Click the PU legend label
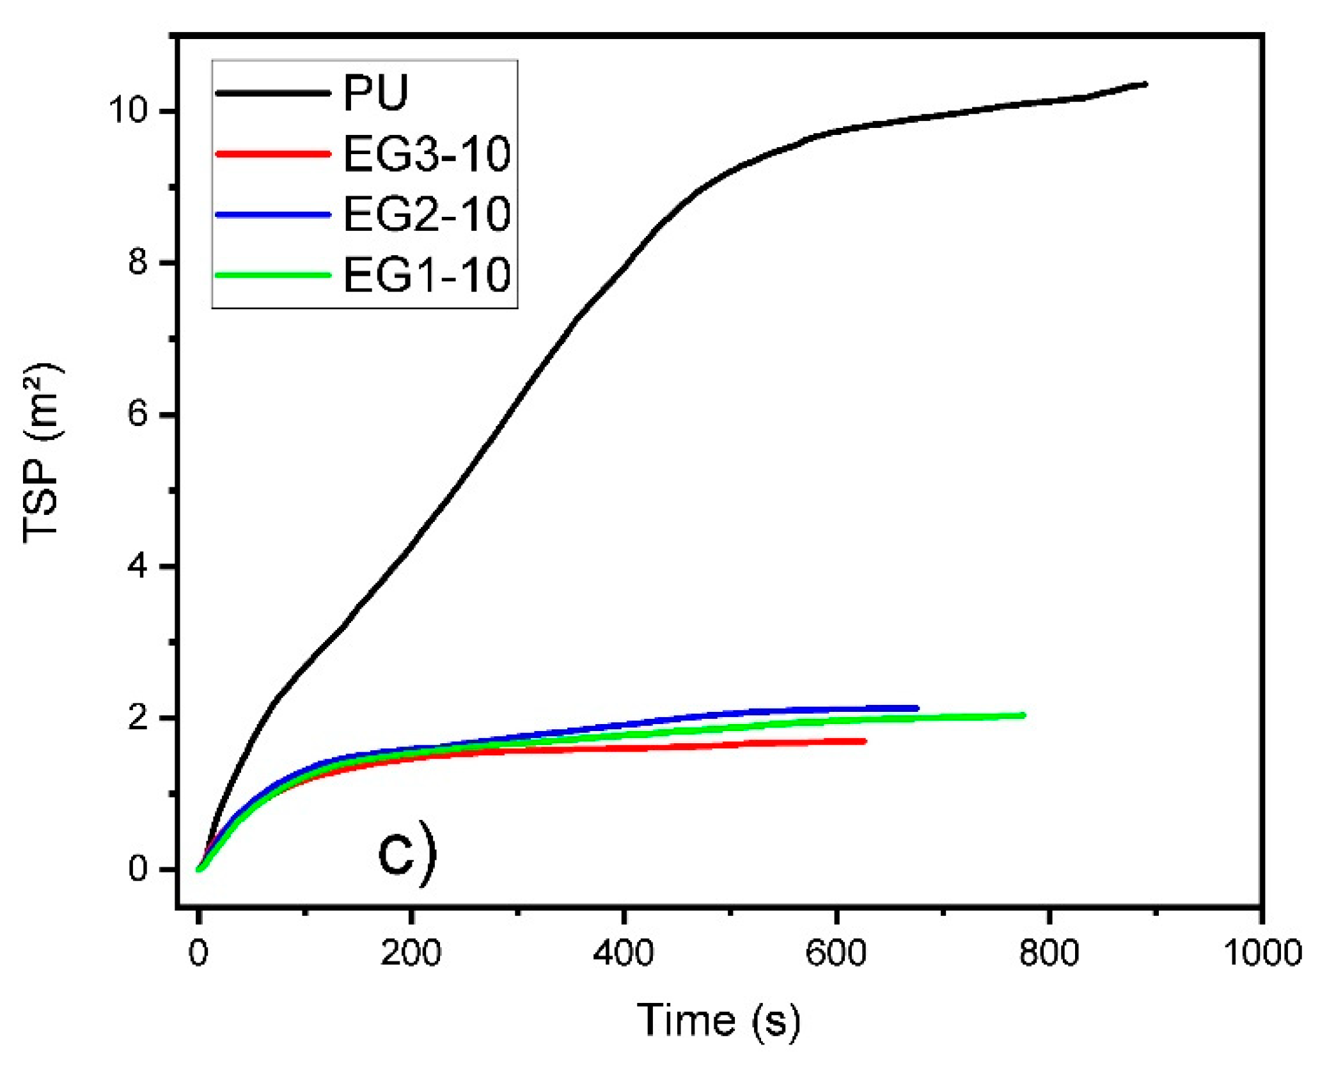coord(375,93)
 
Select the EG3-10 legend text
coord(427,154)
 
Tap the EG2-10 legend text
coord(427,214)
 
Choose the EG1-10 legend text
coord(427,275)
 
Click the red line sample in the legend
coord(273,154)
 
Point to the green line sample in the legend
coord(273,275)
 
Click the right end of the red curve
coord(864,741)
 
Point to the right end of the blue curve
coord(916,708)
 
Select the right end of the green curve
coord(1023,715)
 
